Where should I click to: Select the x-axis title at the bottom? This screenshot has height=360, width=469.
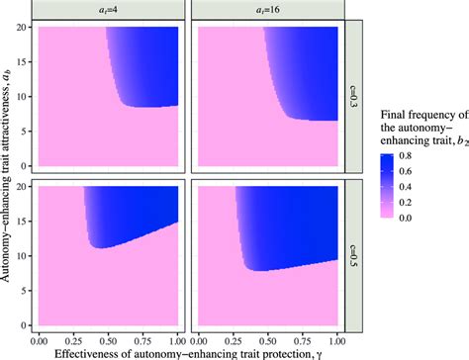[188, 351]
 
